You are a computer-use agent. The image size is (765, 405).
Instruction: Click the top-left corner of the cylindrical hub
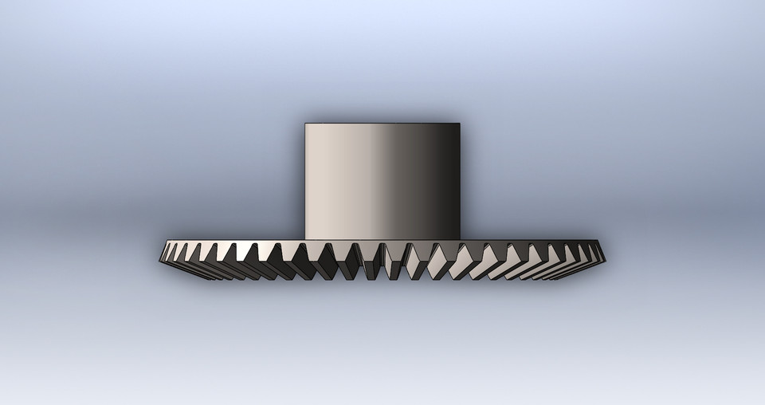305,124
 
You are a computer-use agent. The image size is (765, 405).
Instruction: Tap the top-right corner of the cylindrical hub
460,124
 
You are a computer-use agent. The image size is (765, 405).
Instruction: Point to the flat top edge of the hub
382,124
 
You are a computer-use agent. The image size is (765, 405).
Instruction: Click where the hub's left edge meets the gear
305,238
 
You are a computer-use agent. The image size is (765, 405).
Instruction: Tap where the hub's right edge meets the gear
460,238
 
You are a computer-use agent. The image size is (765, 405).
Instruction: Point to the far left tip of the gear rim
159,260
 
